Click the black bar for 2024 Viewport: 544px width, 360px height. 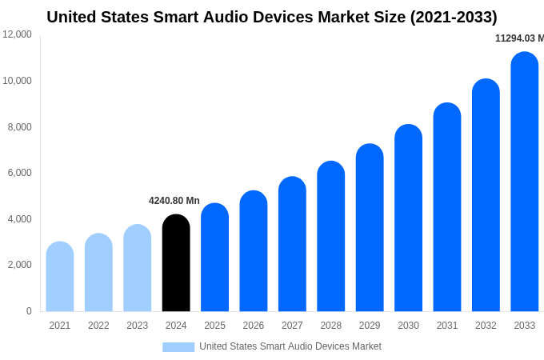(x=176, y=263)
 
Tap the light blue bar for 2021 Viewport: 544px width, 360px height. (x=60, y=277)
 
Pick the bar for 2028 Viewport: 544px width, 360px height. (x=330, y=237)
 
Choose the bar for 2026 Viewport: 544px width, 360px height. (x=254, y=251)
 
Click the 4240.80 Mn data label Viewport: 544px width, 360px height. (x=174, y=201)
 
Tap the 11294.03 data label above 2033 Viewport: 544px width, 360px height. (x=519, y=38)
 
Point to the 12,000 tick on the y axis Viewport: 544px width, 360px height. (x=18, y=34)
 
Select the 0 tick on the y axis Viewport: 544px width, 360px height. (x=29, y=311)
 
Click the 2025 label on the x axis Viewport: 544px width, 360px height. (x=214, y=326)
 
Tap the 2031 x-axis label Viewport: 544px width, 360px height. (x=446, y=326)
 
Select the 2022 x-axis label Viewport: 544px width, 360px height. (x=98, y=326)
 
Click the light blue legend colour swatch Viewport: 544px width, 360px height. (x=178, y=346)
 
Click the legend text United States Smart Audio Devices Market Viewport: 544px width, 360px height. (x=290, y=346)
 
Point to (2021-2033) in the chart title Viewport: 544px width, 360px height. (x=454, y=17)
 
